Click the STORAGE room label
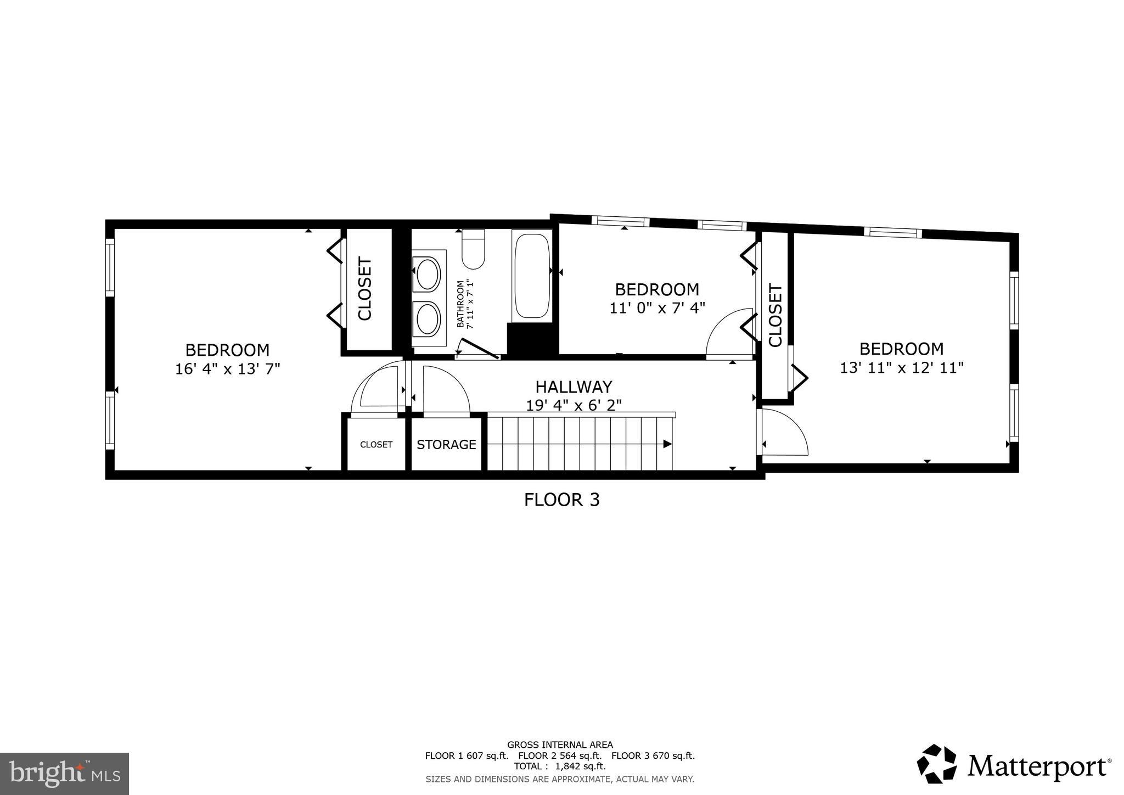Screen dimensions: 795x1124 (446, 445)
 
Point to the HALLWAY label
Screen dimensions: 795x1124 (574, 387)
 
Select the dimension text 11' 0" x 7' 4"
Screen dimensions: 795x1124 (657, 308)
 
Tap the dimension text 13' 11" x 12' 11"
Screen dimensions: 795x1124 (901, 367)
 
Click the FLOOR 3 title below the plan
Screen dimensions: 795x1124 (561, 500)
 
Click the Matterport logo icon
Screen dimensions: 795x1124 (936, 764)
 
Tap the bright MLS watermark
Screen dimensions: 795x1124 (64, 774)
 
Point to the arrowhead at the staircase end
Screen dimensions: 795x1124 (667, 444)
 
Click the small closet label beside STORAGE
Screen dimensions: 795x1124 (376, 445)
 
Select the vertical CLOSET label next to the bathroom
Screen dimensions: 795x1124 (365, 289)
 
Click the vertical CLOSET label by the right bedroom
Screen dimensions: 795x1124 (775, 315)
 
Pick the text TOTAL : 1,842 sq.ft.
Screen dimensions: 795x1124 (559, 766)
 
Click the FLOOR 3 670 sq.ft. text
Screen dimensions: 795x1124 (653, 755)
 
